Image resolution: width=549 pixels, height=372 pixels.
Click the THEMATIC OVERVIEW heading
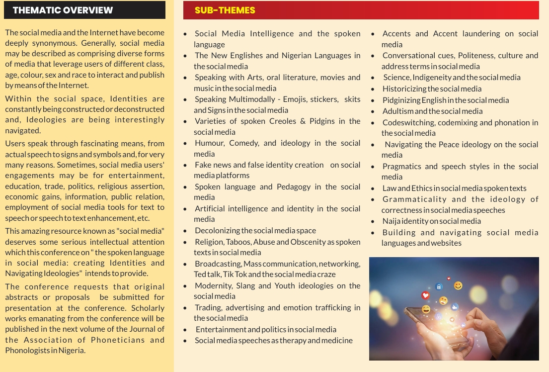(x=63, y=10)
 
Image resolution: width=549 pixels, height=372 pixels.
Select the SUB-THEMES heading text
(x=225, y=10)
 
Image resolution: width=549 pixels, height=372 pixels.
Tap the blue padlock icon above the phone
(x=439, y=286)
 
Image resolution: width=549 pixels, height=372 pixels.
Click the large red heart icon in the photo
(x=425, y=295)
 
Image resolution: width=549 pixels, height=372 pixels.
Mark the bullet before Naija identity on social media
(x=373, y=221)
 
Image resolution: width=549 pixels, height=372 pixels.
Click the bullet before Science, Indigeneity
(x=373, y=78)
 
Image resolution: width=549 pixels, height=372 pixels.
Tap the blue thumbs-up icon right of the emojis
(x=455, y=307)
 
